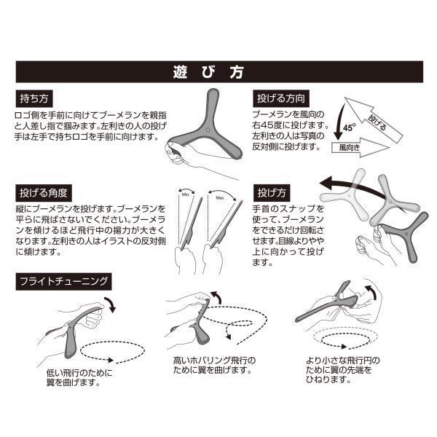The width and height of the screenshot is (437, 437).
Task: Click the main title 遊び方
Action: coord(208,72)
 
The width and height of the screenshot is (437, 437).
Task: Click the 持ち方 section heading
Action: coord(34,98)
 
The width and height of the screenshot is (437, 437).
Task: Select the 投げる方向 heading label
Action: coord(281,98)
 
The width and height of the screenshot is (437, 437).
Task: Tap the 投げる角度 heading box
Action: coord(44,193)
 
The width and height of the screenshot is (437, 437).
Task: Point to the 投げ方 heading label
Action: coord(272,193)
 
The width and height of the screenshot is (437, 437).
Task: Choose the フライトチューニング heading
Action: coord(63,281)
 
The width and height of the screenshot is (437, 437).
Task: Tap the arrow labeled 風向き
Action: coord(361,147)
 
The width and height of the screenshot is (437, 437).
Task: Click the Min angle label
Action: coord(185,194)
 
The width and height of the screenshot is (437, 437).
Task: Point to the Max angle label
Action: coord(220,198)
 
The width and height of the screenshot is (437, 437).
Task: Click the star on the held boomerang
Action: coord(208,130)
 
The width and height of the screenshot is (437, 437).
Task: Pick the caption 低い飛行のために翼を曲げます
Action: coord(79,377)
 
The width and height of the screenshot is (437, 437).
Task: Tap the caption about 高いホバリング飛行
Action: coord(214,366)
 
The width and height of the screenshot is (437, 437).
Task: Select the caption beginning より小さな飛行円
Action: coord(343,370)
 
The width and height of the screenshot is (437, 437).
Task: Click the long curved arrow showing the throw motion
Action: coord(354,184)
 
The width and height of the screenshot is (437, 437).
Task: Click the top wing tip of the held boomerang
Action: coord(213,91)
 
